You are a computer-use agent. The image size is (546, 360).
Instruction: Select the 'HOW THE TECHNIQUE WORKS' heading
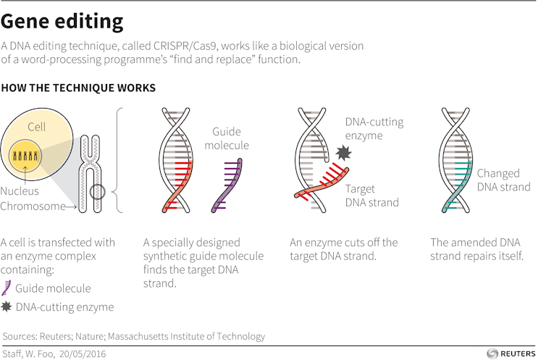[x=78, y=88]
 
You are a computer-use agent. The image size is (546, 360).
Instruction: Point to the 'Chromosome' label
[x=32, y=206]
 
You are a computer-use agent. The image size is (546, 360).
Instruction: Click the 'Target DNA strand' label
[x=371, y=196]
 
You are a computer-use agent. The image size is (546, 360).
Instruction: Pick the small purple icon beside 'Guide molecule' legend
[x=7, y=288]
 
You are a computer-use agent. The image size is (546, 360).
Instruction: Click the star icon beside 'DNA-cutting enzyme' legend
[x=7, y=307]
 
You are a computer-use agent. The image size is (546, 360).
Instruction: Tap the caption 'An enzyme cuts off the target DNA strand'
[x=344, y=249]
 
